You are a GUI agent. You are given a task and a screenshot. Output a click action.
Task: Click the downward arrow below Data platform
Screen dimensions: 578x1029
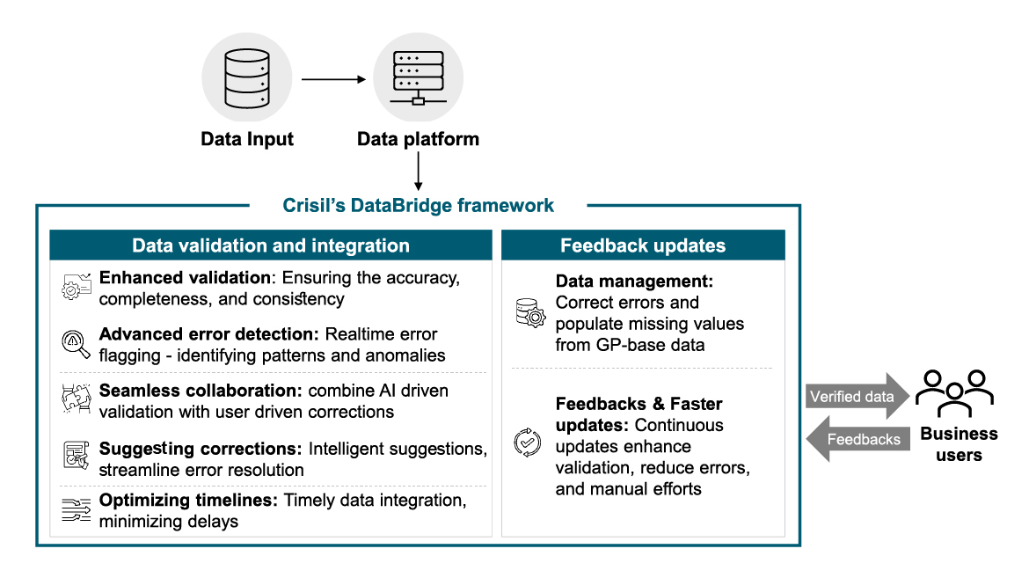point(419,172)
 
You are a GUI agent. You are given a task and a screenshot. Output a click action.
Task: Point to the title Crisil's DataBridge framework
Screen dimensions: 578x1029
point(419,206)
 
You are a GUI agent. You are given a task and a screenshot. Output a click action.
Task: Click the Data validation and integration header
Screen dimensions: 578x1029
point(271,245)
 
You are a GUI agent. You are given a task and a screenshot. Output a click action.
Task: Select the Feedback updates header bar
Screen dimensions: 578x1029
point(643,245)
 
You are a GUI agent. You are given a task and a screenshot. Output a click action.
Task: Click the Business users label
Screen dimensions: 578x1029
point(959,443)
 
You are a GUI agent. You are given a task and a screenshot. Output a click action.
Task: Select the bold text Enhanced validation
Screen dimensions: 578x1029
point(186,278)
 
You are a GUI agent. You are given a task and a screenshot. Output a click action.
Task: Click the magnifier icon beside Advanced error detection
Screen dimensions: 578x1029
point(77,344)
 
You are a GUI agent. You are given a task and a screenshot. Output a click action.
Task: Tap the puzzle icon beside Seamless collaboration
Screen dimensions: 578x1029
point(77,400)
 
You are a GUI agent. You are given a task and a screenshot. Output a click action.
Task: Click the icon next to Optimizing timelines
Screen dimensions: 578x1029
point(77,511)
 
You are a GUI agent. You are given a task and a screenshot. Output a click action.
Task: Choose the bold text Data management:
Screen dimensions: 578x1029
point(633,282)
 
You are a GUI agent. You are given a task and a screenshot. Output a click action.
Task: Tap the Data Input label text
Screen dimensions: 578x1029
point(247,139)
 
